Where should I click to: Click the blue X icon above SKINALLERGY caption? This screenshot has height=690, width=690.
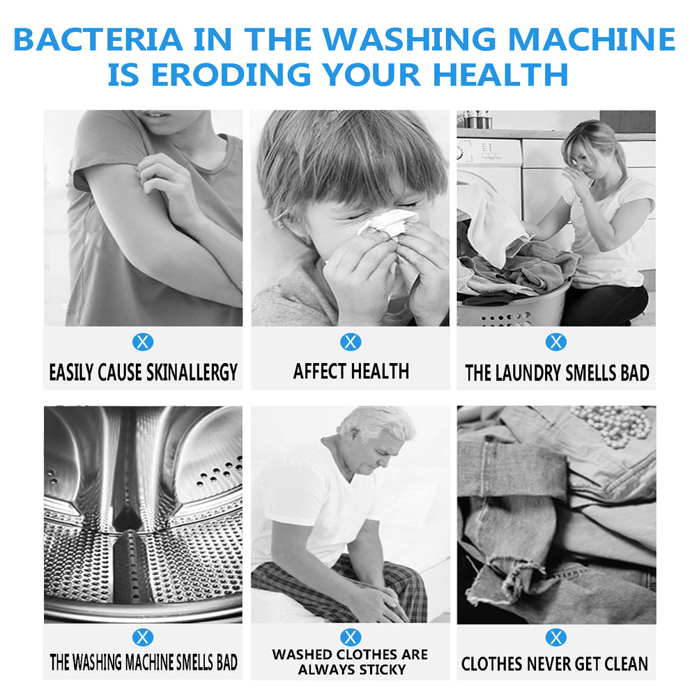(x=143, y=342)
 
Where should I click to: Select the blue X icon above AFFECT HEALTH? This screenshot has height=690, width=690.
(x=351, y=342)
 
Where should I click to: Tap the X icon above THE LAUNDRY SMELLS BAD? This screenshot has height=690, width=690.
(x=555, y=342)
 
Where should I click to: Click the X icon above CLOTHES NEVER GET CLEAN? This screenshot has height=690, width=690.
(x=555, y=637)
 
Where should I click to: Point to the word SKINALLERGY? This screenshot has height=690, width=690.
(x=192, y=372)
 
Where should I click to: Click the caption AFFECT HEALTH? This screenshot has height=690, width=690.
(x=351, y=371)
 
